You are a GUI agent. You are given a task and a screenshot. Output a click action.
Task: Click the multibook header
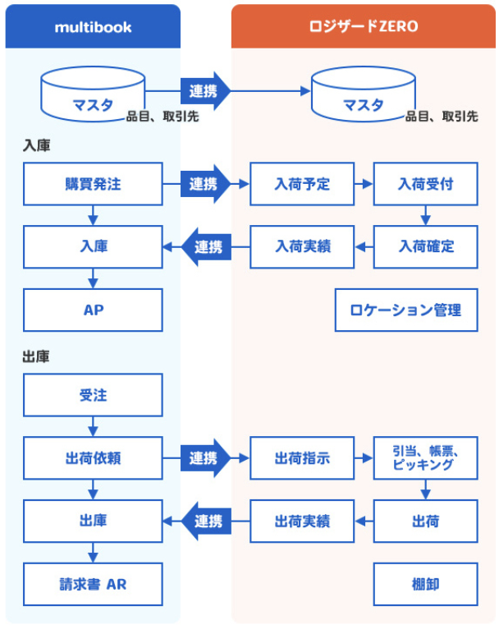pyautogui.click(x=93, y=26)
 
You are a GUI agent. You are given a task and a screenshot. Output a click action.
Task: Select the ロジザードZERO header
pyautogui.click(x=364, y=26)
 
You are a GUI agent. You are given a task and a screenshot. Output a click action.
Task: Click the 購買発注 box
pyautogui.click(x=93, y=184)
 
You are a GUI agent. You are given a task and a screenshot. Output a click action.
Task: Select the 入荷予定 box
pyautogui.click(x=302, y=184)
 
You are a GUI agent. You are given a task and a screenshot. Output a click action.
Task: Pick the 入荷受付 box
pyautogui.click(x=425, y=184)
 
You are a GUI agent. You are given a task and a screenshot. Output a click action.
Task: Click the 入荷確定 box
pyautogui.click(x=425, y=246)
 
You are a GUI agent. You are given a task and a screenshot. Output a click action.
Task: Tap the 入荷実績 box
pyautogui.click(x=302, y=246)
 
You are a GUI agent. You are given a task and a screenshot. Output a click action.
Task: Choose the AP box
pyautogui.click(x=93, y=310)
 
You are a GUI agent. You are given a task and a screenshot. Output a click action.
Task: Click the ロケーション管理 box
pyautogui.click(x=405, y=310)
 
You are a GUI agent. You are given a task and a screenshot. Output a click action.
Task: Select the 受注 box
pyautogui.click(x=93, y=395)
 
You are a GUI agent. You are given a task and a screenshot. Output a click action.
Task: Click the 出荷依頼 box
pyautogui.click(x=93, y=458)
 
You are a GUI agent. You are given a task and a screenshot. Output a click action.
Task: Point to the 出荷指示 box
pyautogui.click(x=302, y=458)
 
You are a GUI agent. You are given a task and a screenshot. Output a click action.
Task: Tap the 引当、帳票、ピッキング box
pyautogui.click(x=425, y=458)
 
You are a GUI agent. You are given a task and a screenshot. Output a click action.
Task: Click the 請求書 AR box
pyautogui.click(x=93, y=584)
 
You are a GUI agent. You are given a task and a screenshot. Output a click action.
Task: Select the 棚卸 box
pyautogui.click(x=425, y=584)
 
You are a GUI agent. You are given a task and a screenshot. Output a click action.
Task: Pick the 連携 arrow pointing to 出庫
pyautogui.click(x=206, y=521)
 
